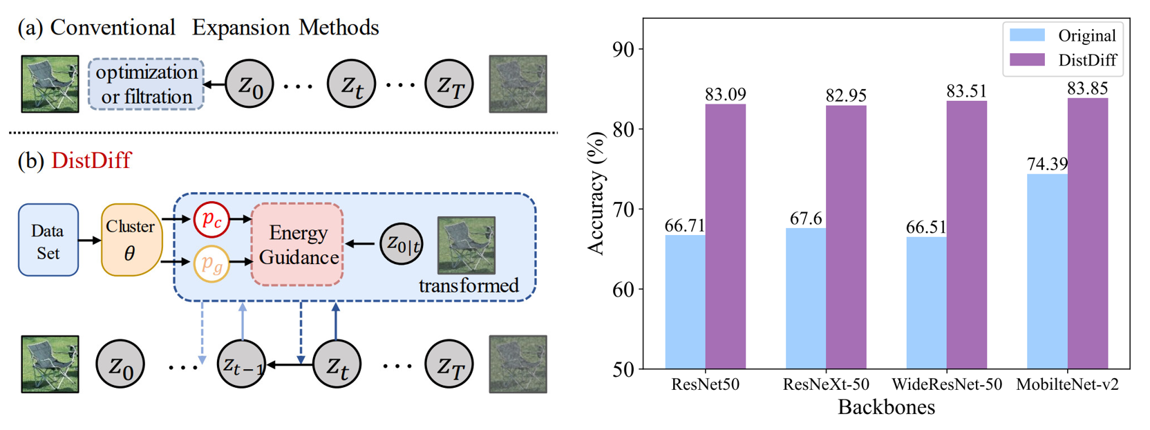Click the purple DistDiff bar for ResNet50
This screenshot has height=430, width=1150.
(725, 236)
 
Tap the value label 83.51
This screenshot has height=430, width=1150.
(966, 91)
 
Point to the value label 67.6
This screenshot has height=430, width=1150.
(805, 219)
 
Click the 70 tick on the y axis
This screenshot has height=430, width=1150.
(623, 209)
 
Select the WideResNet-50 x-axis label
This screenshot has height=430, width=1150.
(946, 384)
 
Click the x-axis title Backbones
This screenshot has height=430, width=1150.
(886, 407)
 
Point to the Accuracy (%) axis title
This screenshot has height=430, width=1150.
(596, 194)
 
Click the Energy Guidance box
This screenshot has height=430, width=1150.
(298, 245)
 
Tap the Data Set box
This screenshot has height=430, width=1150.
(48, 241)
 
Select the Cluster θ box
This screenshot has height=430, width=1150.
(131, 240)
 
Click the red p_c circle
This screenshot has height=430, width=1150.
(211, 220)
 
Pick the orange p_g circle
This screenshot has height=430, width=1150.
(211, 263)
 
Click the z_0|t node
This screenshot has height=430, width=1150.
(402, 243)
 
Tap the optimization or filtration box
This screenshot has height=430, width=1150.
(147, 84)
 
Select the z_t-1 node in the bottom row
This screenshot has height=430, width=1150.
(241, 364)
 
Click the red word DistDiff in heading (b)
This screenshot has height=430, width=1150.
(91, 160)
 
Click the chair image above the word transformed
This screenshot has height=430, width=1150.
(466, 245)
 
